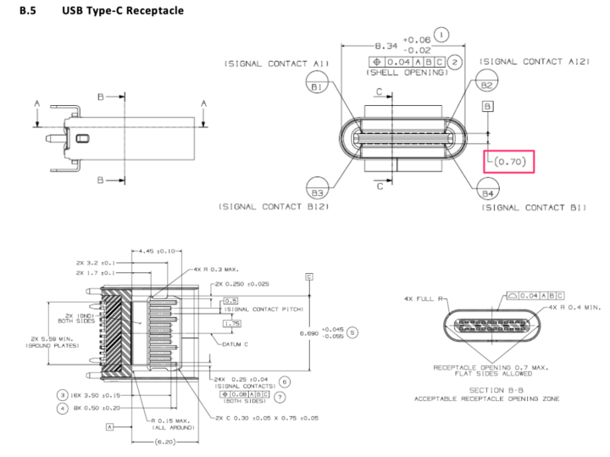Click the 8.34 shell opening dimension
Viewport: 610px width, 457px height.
click(x=388, y=46)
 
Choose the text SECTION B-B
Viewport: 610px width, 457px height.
click(x=486, y=389)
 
